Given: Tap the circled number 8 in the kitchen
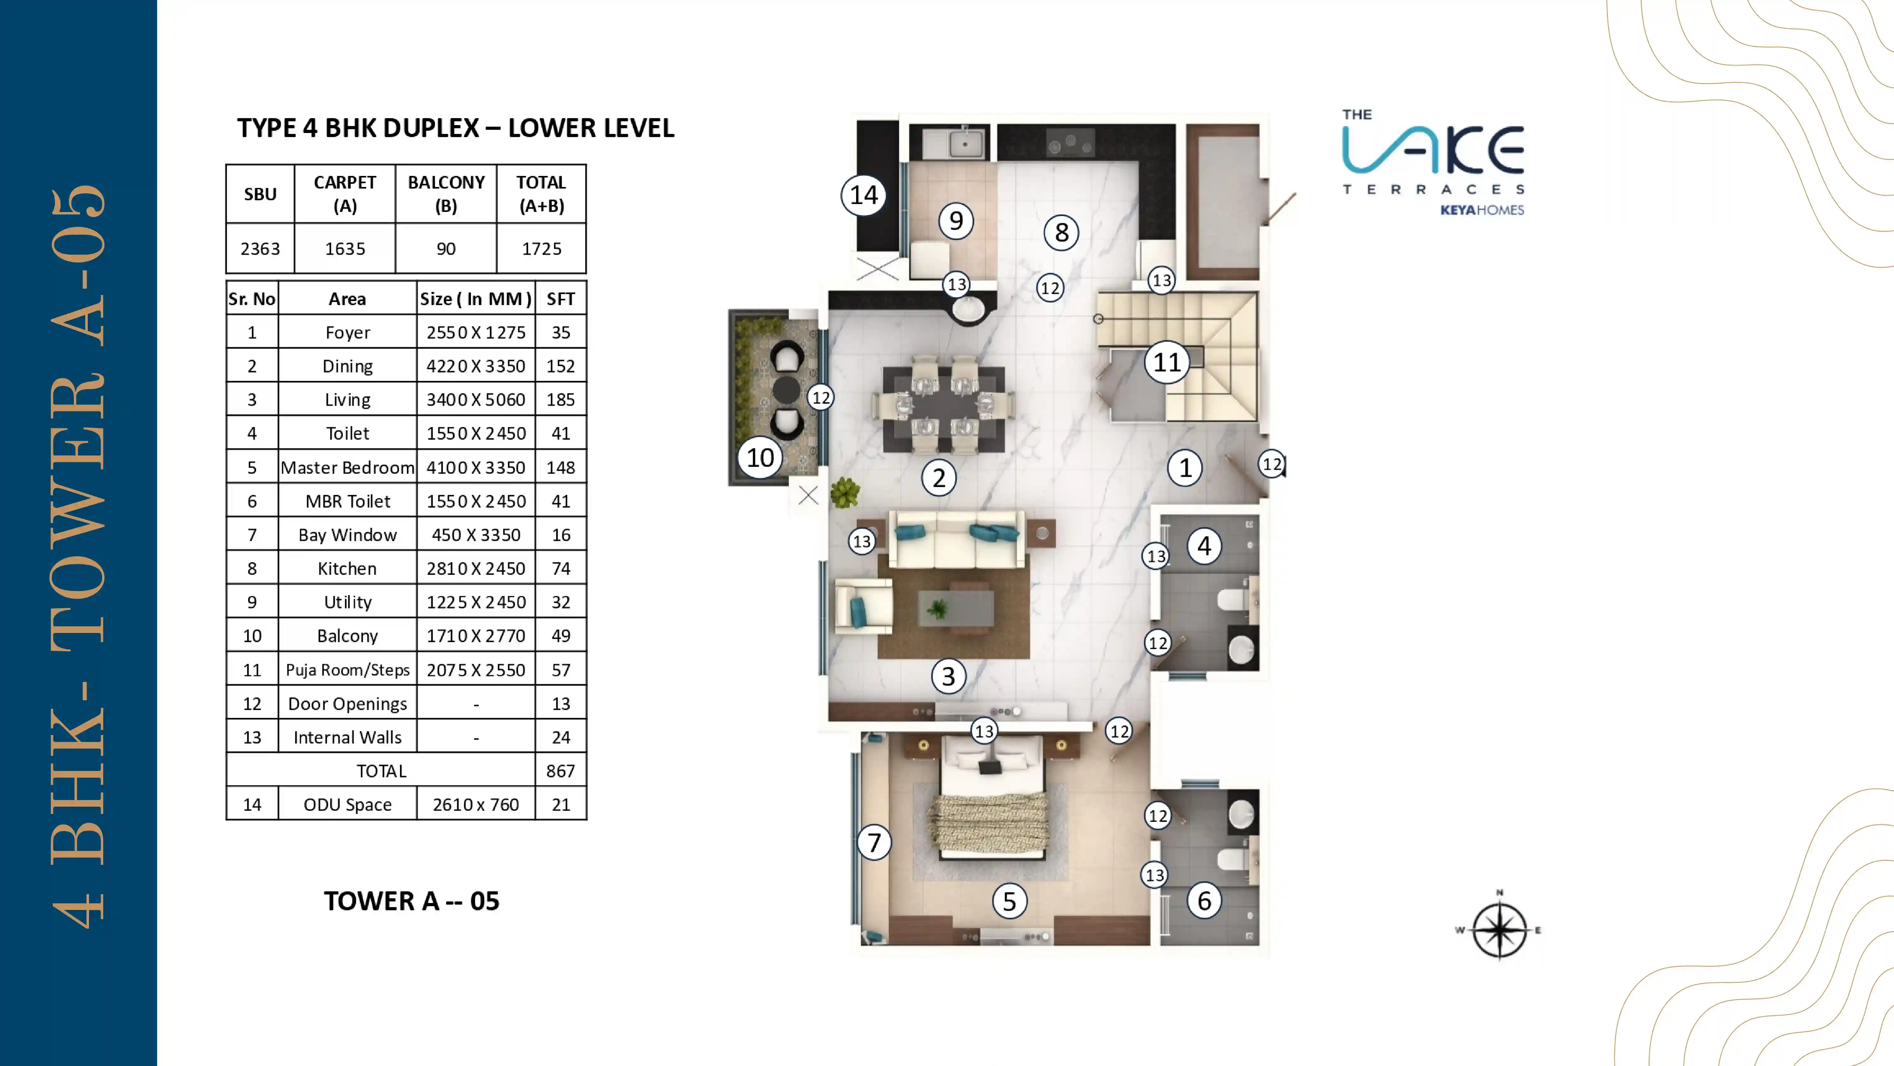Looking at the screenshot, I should coord(1061,232).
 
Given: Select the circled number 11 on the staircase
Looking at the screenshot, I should coord(1167,362).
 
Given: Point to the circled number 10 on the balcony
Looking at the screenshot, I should coord(760,458).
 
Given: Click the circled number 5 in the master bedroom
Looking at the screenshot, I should coord(1010,900).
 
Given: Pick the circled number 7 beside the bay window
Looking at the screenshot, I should coord(873,842).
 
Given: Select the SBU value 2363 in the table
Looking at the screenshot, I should coord(260,249).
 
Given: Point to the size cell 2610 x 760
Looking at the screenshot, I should coord(476,804).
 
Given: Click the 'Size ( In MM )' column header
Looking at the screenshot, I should coord(476,299).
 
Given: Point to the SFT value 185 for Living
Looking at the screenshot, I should coord(560,400).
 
